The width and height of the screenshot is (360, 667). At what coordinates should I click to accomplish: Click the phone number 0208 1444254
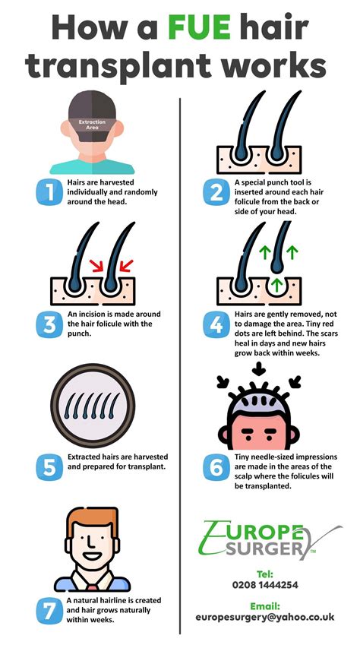pos(265,584)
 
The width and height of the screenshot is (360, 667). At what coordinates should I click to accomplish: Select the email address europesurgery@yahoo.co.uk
pos(265,617)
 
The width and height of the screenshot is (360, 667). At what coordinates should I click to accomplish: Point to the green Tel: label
pos(265,573)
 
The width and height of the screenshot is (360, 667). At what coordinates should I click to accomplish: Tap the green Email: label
pos(265,605)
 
